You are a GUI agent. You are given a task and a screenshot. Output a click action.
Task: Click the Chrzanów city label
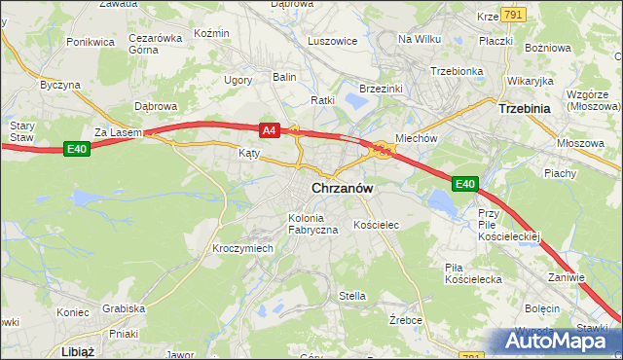(344, 189)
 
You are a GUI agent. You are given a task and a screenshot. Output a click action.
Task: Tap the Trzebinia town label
(526, 110)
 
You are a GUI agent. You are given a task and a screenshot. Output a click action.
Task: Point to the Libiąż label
(77, 350)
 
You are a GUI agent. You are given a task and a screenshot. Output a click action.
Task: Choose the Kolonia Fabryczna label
(312, 224)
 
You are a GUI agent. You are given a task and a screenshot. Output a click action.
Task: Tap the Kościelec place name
(377, 225)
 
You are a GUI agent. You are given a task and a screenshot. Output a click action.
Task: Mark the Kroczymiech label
(242, 248)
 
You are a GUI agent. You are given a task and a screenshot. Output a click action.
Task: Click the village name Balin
(284, 76)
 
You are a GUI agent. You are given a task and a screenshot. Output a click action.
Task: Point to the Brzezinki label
(381, 89)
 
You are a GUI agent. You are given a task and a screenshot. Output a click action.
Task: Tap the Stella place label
(351, 296)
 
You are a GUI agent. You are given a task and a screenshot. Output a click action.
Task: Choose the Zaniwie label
(566, 277)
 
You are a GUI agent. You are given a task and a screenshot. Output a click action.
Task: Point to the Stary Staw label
(21, 131)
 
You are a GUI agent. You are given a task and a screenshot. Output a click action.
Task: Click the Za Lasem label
(118, 132)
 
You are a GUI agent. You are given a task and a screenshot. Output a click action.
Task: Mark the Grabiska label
(124, 308)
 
